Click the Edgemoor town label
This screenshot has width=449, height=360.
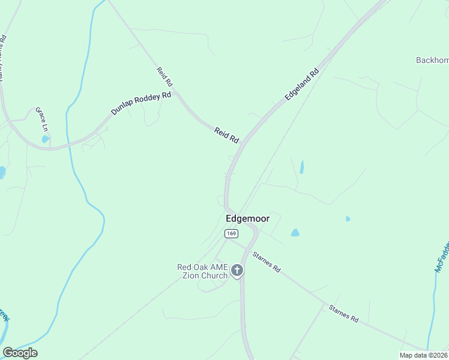coord(247,219)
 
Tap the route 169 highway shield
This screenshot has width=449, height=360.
coord(232,233)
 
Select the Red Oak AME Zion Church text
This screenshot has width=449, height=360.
coord(202,272)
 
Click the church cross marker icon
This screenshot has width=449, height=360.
coord(237,271)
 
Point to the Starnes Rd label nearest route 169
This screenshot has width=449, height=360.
coord(266,261)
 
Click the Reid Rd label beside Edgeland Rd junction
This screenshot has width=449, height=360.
coord(226,135)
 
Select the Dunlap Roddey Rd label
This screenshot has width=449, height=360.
coord(141,103)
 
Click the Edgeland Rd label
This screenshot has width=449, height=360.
coord(301,85)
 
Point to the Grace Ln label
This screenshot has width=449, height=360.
coord(41,119)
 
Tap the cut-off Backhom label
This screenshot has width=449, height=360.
coord(432,60)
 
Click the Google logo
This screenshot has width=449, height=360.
coord(20,353)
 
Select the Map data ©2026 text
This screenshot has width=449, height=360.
coord(423,355)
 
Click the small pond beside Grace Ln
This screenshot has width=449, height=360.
coord(46,139)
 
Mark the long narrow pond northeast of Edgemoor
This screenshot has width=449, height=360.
coord(301,167)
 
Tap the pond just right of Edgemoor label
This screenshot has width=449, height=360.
coord(295,232)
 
